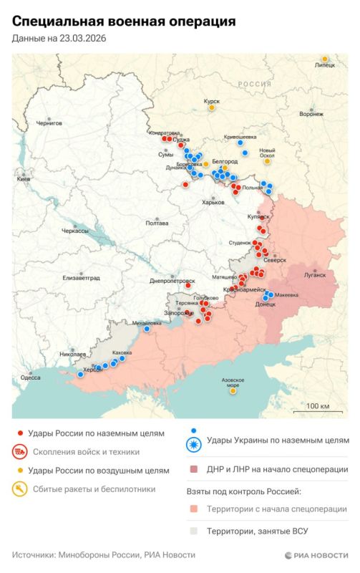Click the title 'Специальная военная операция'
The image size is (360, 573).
pyautogui.click(x=123, y=21)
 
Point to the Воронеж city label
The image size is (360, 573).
pyautogui.click(x=311, y=114)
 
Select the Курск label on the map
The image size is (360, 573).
pyautogui.click(x=212, y=102)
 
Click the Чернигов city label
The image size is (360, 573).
pyautogui.click(x=49, y=123)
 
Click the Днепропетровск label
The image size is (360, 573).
pyautogui.click(x=172, y=281)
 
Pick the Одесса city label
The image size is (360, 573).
pyautogui.click(x=30, y=377)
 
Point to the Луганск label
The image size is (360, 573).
pyautogui.click(x=315, y=274)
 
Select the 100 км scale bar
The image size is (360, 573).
pyautogui.click(x=317, y=406)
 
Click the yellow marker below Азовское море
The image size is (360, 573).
pyautogui.click(x=233, y=391)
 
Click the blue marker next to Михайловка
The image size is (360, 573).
pyautogui.click(x=147, y=329)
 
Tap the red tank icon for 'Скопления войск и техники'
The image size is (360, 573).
pyautogui.click(x=21, y=452)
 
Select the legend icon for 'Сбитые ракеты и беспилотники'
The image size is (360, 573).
pyautogui.click(x=21, y=489)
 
